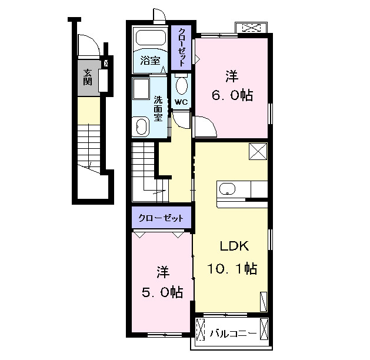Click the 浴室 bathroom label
click(150, 61)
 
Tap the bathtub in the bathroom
click(151, 38)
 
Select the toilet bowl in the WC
click(182, 85)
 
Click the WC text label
click(181, 102)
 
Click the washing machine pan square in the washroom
click(141, 88)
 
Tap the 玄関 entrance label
click(87, 76)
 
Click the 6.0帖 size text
click(232, 95)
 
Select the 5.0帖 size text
click(162, 292)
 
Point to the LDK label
click(234, 246)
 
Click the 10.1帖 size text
click(232, 268)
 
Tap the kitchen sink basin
click(227, 189)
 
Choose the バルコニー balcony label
click(233, 334)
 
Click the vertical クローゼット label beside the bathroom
click(181, 47)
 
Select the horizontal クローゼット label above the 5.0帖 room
click(161, 218)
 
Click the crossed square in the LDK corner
click(258, 151)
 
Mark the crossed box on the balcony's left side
click(201, 329)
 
